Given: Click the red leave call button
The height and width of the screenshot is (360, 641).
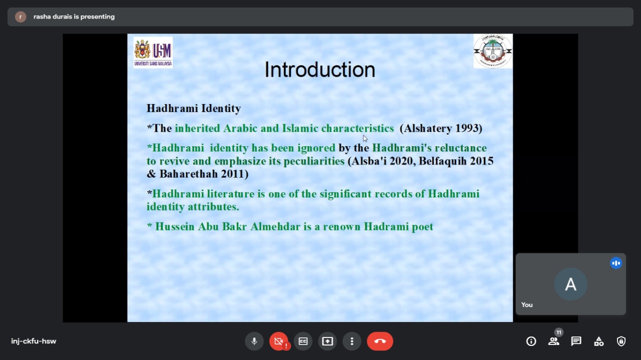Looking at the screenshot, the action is [x=380, y=341].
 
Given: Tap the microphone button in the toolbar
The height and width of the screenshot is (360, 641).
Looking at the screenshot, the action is [x=254, y=341].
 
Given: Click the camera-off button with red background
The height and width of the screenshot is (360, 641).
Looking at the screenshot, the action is [x=279, y=341].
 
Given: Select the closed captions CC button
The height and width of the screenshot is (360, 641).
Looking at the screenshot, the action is [x=303, y=341].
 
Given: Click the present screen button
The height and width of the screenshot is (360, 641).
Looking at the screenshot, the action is [x=328, y=341].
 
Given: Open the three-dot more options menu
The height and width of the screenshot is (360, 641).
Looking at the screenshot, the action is [x=352, y=341].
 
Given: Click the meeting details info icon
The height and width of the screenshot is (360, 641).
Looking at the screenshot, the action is [x=531, y=341].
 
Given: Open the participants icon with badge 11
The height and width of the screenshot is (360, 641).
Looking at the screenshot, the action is [x=554, y=341].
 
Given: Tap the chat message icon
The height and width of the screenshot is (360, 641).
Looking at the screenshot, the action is [x=576, y=341].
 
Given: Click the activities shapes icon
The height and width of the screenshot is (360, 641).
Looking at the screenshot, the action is [x=598, y=341].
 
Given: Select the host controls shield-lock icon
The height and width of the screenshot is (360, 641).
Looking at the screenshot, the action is [x=621, y=341].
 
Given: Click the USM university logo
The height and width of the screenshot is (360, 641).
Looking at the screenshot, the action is [x=153, y=53].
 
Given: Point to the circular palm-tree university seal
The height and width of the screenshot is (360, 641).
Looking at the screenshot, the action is [x=493, y=51].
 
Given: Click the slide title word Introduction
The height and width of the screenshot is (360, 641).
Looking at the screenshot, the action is [x=319, y=70].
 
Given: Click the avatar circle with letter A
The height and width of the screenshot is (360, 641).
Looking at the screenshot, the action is [x=570, y=284].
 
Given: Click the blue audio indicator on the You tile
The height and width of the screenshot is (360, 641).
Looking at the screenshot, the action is [x=616, y=263].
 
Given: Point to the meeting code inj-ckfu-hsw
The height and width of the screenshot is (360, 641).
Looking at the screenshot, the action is [x=34, y=341].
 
